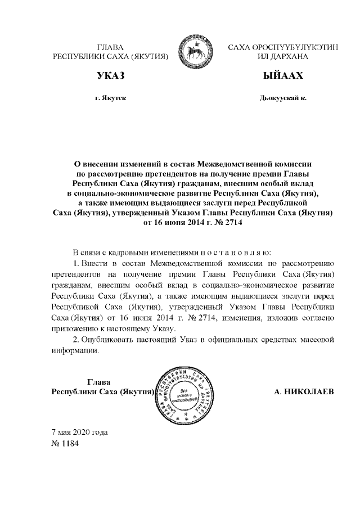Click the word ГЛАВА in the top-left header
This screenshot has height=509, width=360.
tap(110, 48)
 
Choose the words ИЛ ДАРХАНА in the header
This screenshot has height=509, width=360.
tap(283, 57)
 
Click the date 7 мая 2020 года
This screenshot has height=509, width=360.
tap(79, 433)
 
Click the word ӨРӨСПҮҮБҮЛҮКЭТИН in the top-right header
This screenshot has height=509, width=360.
tap(295, 48)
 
